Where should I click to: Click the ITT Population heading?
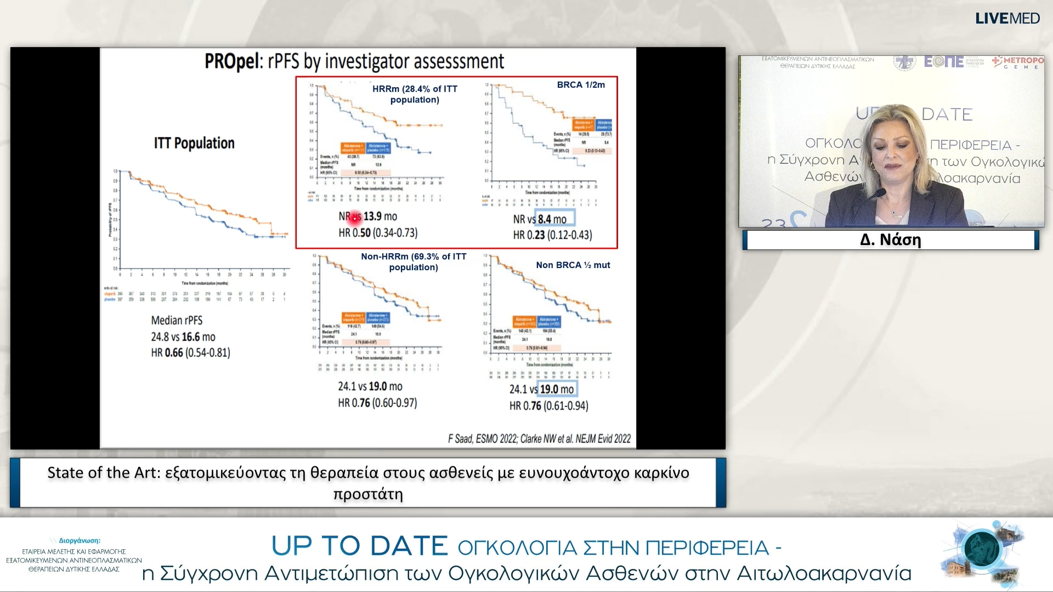[x=194, y=143]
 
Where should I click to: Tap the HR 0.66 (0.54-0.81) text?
[x=190, y=352]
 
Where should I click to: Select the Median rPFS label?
[x=177, y=320]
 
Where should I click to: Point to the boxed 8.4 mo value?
[x=555, y=219]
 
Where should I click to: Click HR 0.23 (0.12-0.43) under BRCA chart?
[x=552, y=235]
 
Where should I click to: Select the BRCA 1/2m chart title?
[x=581, y=85]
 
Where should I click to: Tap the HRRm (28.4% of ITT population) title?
[x=415, y=94]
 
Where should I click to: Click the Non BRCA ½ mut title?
[x=573, y=265]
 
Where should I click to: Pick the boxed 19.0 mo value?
[x=557, y=389]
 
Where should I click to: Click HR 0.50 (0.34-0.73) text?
[x=378, y=233]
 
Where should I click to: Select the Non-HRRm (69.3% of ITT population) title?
[x=414, y=261]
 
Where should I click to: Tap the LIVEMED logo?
[x=1007, y=18]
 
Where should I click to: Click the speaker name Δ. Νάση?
[x=890, y=240]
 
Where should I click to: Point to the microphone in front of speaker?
[x=875, y=194]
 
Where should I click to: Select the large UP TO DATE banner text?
[x=360, y=546]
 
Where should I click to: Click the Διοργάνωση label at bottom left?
[x=80, y=540]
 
